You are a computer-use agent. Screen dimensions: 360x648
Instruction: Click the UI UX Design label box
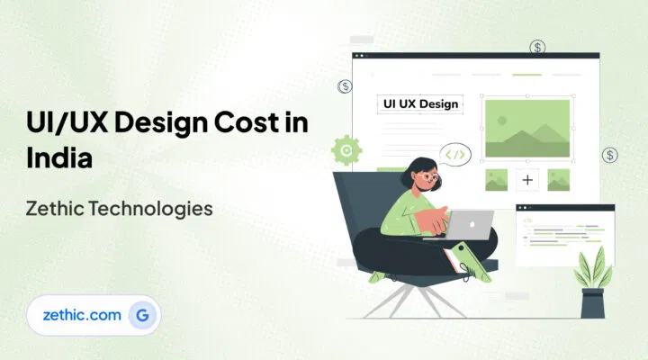(421, 103)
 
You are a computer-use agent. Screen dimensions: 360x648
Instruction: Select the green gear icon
(345, 148)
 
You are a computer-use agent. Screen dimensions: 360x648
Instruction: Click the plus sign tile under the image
(527, 180)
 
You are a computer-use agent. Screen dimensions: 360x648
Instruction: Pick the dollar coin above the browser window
(537, 47)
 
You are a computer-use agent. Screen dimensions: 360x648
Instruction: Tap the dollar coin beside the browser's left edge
(345, 86)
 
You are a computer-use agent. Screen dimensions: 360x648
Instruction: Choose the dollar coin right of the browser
(610, 155)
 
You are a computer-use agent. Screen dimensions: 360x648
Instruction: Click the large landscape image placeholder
(527, 127)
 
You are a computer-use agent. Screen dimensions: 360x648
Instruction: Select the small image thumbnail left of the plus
(496, 180)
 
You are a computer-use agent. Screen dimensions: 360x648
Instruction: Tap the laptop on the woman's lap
(471, 225)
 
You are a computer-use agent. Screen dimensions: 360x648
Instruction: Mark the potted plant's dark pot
(592, 304)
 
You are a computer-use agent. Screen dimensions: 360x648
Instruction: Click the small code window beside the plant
(565, 231)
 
